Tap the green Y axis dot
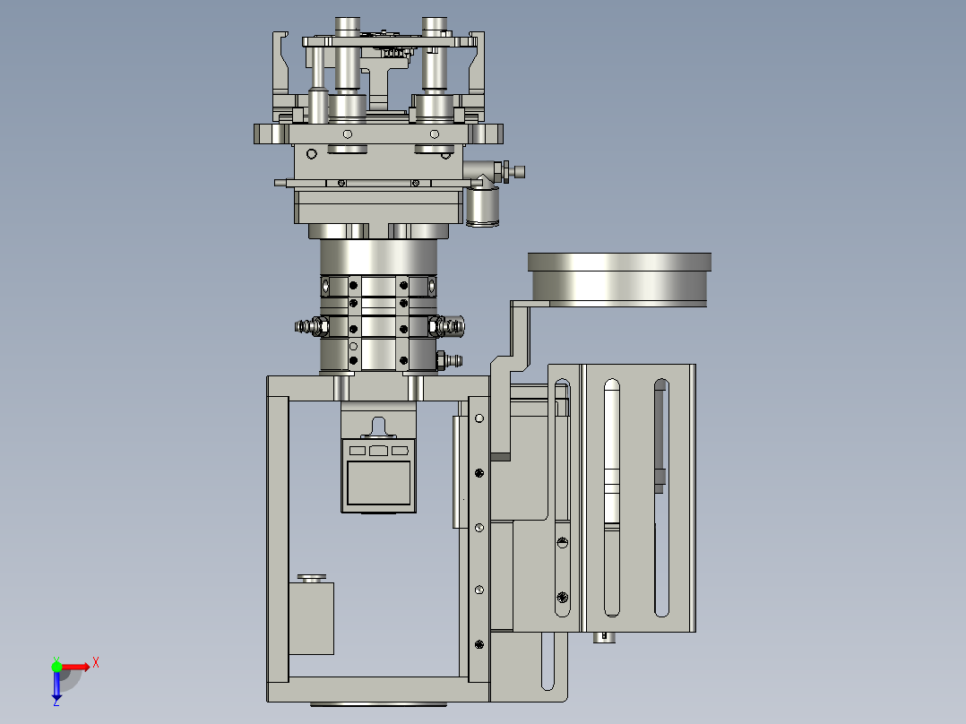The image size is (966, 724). [56, 666]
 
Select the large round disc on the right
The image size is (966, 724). [619, 280]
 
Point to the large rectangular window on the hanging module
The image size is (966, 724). [378, 484]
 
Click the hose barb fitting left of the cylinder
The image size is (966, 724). [311, 326]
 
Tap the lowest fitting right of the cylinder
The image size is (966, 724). [449, 359]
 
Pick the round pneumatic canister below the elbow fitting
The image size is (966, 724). [482, 206]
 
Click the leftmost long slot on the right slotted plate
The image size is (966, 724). [612, 497]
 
